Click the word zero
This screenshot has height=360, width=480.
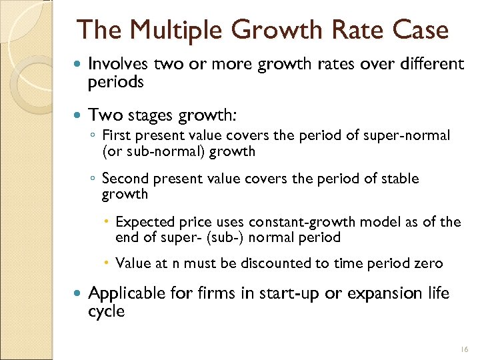(x=427, y=263)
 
